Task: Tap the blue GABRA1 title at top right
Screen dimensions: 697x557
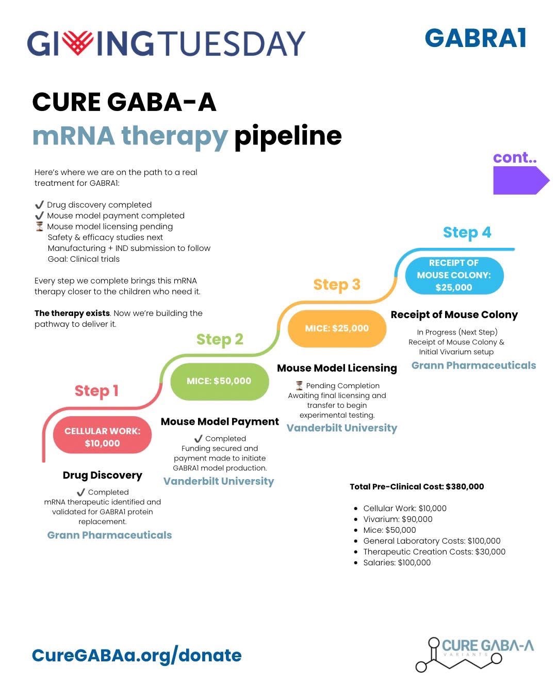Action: (x=475, y=38)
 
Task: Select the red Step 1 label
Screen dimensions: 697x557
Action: (x=96, y=391)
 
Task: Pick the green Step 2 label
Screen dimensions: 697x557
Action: (x=219, y=339)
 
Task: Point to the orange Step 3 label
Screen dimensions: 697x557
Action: (x=336, y=284)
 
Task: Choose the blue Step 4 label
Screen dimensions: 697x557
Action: (x=467, y=232)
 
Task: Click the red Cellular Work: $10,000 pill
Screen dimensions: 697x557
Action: (x=102, y=437)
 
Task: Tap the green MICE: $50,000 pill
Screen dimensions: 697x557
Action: (x=219, y=381)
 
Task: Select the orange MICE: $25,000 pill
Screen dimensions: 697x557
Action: (x=337, y=328)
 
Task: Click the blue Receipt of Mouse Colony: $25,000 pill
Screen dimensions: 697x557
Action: (x=453, y=275)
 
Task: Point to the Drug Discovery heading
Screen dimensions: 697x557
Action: (x=102, y=475)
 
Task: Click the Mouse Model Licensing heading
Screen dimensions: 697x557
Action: (x=337, y=368)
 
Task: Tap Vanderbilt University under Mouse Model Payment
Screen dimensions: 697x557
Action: (x=219, y=481)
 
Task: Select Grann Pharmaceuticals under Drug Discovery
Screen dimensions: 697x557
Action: (x=109, y=535)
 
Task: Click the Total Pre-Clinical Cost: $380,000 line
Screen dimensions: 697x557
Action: (x=417, y=486)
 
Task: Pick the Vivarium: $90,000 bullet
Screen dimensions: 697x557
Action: (x=398, y=519)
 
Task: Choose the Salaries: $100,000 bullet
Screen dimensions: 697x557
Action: (x=397, y=563)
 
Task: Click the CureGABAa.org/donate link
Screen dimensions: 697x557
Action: (x=137, y=655)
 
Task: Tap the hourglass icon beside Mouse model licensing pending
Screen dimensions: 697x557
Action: (x=39, y=226)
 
